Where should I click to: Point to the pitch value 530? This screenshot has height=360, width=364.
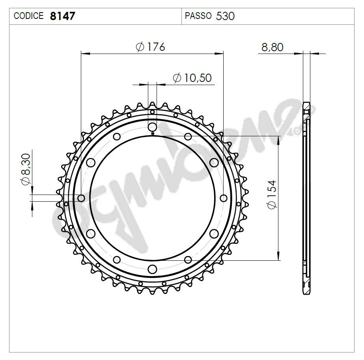click(x=226, y=16)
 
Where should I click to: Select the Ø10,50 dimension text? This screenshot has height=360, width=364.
click(x=192, y=78)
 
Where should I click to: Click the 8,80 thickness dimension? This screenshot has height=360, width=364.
click(x=272, y=47)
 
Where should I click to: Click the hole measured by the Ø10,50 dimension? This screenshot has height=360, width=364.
click(x=152, y=127)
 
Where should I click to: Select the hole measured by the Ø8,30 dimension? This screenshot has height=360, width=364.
click(x=81, y=198)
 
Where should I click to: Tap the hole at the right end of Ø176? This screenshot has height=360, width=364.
click(x=224, y=198)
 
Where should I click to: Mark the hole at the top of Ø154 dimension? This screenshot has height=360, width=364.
click(x=188, y=137)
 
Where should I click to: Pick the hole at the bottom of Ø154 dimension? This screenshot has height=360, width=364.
click(x=188, y=260)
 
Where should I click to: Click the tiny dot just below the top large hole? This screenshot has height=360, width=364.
click(x=152, y=133)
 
